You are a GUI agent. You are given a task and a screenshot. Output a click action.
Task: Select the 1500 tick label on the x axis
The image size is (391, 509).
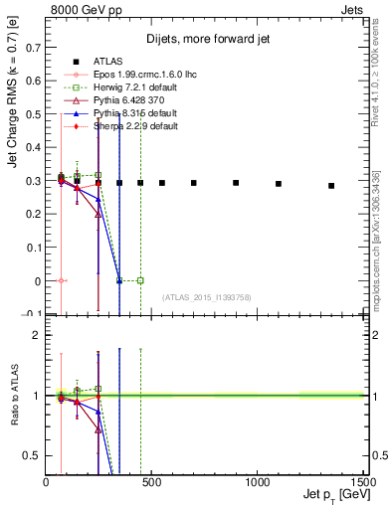pos(361,480)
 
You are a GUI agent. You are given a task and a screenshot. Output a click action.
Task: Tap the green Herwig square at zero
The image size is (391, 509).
pos(140,280)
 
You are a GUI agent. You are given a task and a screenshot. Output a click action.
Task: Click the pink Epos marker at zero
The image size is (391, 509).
pos(62,280)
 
